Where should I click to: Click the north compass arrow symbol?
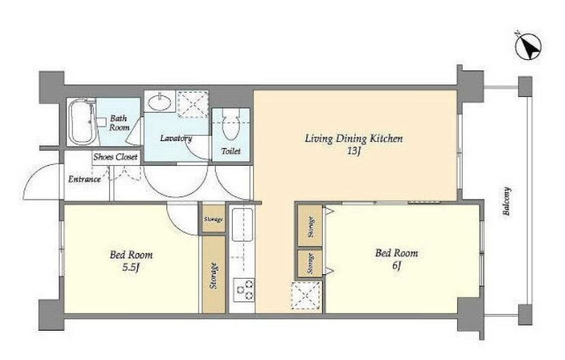coord(528,46)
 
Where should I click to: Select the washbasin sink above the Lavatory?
coord(160,101)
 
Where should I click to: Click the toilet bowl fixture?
coord(231,124)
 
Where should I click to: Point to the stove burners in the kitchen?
coord(244,290)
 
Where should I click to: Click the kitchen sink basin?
coord(242,224)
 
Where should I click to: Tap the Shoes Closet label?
coord(116,157)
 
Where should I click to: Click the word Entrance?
coord(85,179)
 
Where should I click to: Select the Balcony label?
coord(506,201)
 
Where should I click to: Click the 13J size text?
coord(354,151)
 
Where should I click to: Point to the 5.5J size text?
coord(131,267)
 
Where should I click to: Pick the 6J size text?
coord(396,265)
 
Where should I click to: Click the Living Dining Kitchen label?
coord(354,138)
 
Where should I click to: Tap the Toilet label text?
coord(231,151)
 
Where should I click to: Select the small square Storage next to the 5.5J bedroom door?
coord(214,218)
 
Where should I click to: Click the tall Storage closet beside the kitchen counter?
coord(214,274)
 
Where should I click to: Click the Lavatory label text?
coord(176,138)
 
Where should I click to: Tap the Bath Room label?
coord(119,123)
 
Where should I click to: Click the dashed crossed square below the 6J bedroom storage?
coord(306,296)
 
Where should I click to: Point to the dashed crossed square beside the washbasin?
coord(193,104)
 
